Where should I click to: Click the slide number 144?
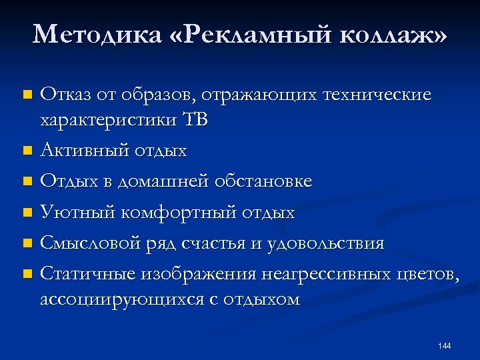pos(445,345)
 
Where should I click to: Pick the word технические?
pos(377,95)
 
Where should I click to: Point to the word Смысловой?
pos(91,243)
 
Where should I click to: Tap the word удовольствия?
pos(326,243)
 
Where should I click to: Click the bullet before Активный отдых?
pos(27,152)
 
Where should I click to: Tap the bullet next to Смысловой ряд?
pos(27,244)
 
